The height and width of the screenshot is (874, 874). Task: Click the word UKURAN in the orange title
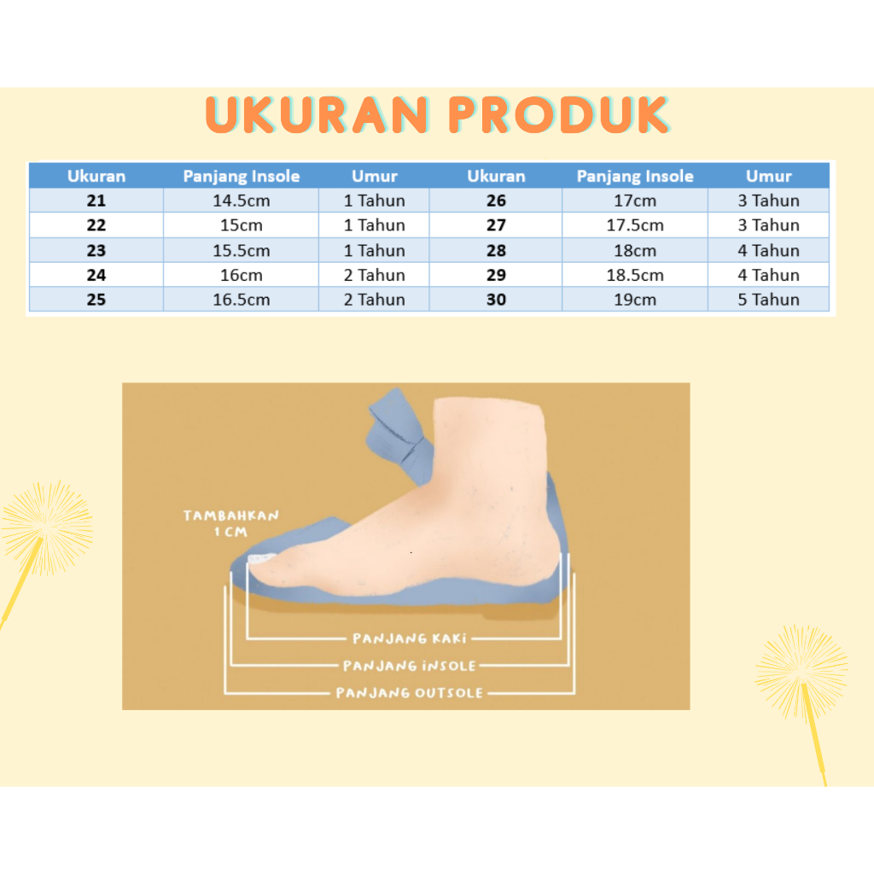(x=318, y=115)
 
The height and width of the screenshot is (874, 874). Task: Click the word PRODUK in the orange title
(x=559, y=115)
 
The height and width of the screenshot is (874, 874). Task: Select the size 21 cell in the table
(x=96, y=201)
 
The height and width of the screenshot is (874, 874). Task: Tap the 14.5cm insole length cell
(x=241, y=201)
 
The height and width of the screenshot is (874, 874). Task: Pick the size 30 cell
(x=496, y=300)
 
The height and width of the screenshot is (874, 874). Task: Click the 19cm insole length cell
(x=635, y=300)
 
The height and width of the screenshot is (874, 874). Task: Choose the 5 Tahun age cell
(x=768, y=300)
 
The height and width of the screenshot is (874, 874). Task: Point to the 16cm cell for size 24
(x=241, y=275)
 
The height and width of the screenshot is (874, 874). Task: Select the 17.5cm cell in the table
(x=635, y=225)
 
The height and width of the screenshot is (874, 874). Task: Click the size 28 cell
(x=496, y=250)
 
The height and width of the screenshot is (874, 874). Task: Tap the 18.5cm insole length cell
(x=635, y=275)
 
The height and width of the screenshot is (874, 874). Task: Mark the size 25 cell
(x=96, y=300)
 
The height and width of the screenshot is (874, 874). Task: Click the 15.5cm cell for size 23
(x=241, y=250)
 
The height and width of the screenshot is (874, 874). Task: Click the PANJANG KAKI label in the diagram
(x=410, y=638)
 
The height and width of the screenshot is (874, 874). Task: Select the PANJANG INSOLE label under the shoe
(x=410, y=666)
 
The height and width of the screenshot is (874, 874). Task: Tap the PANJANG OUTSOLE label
(x=410, y=693)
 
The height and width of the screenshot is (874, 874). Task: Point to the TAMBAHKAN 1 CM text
(x=230, y=523)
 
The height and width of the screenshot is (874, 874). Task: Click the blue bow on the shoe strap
(x=399, y=434)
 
